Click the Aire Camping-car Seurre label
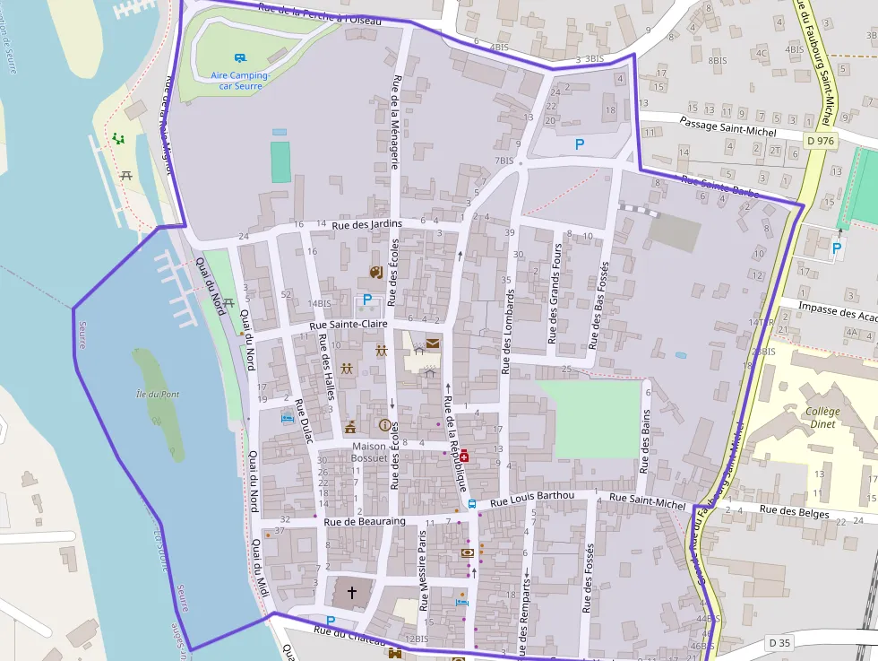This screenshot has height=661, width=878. pos(237,82)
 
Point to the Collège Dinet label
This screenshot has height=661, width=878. pos(822,417)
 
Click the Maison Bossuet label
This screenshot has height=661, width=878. pos(369,452)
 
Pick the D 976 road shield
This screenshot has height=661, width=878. pos(820,140)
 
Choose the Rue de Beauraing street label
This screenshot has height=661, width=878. pos(365,521)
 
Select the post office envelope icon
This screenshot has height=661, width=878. pos(433,343)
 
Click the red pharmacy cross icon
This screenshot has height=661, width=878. pos(463,457)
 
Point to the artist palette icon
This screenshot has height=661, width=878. pos(375,272)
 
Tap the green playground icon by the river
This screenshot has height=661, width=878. pos(117,139)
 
